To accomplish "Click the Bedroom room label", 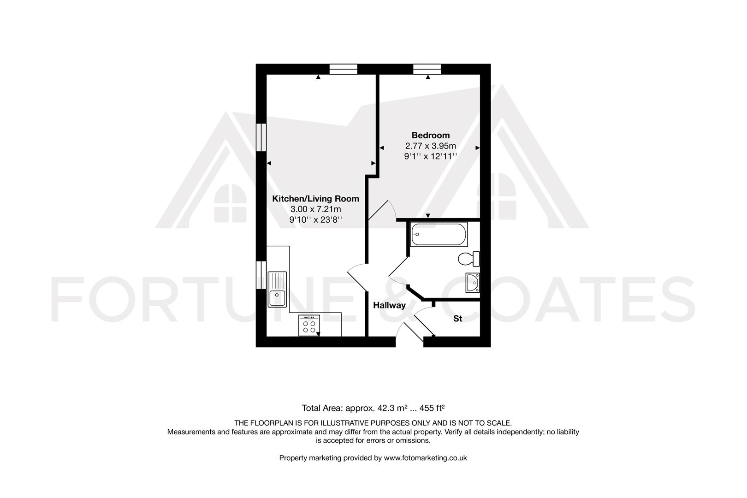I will (x=430, y=135).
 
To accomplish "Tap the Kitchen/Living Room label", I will (x=315, y=199).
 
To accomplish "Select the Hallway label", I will (x=389, y=305).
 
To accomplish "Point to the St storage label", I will (x=457, y=319).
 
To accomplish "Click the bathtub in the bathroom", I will (x=439, y=235).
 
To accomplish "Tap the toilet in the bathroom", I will (x=469, y=259).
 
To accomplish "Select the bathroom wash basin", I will (x=473, y=283).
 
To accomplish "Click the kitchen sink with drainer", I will (x=277, y=289).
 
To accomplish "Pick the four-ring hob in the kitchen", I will (x=309, y=326).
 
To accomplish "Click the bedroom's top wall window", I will (x=427, y=69).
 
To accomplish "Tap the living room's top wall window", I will (x=344, y=69).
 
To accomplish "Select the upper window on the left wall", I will (x=261, y=137).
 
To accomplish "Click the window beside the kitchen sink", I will (x=261, y=275).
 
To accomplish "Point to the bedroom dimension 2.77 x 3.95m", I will (x=430, y=146).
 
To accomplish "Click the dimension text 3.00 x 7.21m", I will (x=315, y=209).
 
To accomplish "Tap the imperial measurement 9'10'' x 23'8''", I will (x=315, y=220).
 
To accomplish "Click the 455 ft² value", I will (x=432, y=408).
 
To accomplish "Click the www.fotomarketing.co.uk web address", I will (x=425, y=458).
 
